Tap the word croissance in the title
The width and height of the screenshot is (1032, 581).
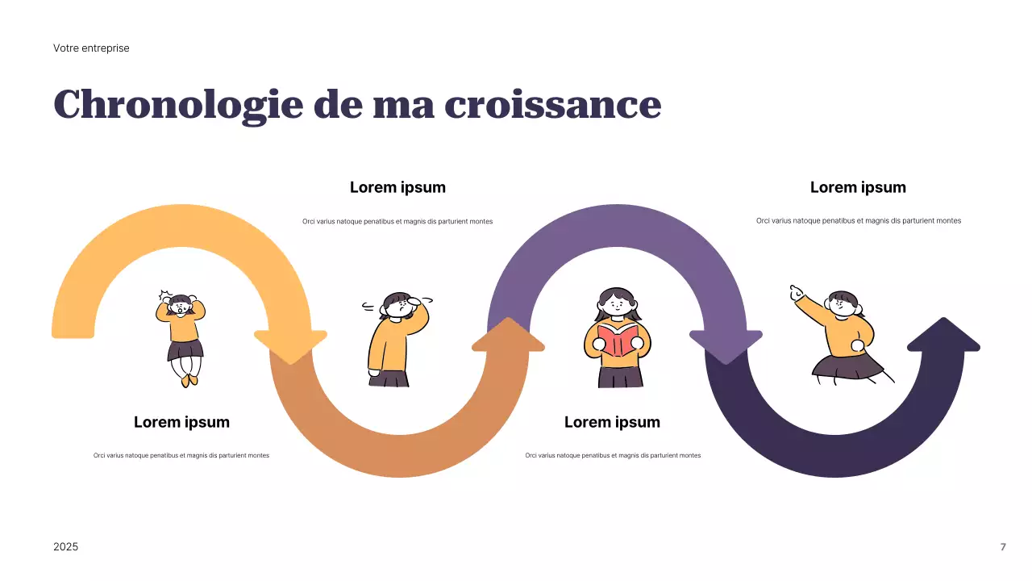(552, 105)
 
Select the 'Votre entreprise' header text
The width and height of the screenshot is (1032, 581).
(91, 48)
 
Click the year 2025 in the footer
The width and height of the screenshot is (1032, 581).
(66, 547)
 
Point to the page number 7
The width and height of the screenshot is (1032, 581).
(1003, 547)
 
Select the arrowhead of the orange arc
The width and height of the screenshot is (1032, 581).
(508, 335)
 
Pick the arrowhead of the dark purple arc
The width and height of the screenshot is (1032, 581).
(943, 335)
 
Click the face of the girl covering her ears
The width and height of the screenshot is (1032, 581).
(181, 307)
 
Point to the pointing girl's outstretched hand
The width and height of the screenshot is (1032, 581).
(797, 292)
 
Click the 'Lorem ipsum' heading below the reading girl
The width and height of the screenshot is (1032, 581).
(612, 422)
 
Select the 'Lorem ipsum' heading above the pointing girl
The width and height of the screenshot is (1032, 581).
(858, 187)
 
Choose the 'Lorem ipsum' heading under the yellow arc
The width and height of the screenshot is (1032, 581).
(181, 422)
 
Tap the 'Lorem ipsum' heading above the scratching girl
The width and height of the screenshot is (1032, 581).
(397, 187)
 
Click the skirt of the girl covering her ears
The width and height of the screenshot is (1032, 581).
(185, 350)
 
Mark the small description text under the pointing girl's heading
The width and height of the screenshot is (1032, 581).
(858, 220)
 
